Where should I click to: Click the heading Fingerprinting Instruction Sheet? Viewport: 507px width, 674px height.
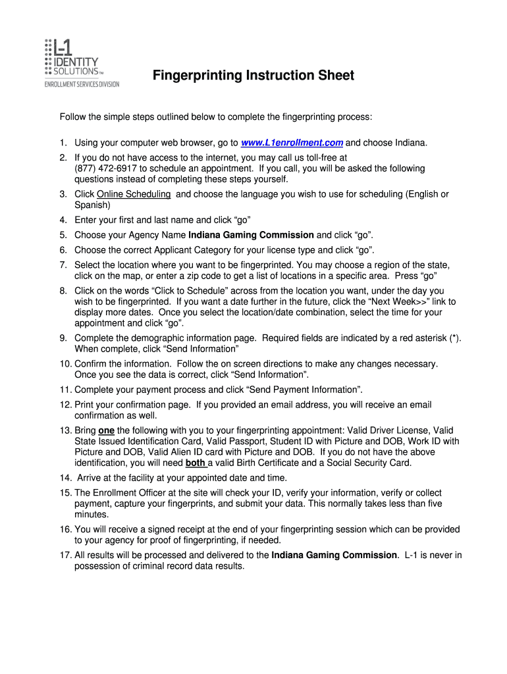[254, 76]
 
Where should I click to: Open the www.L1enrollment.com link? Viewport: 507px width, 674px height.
[292, 143]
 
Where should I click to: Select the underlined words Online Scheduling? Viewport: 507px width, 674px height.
[134, 194]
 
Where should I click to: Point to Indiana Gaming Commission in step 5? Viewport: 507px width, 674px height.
[251, 235]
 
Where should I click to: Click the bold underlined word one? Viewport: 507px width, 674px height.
[106, 430]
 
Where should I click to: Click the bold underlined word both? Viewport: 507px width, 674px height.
[196, 463]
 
